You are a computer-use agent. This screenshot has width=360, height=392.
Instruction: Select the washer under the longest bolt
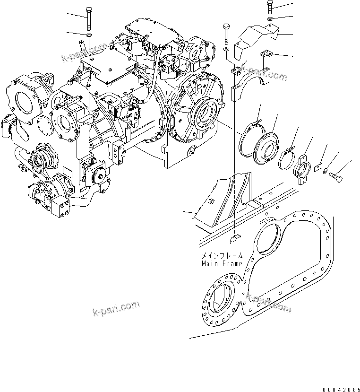89,35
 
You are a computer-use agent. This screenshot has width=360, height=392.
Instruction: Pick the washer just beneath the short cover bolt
269,19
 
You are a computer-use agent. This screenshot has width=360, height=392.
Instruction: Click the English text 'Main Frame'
221,263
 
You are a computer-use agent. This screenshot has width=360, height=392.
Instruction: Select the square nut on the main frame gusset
211,202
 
